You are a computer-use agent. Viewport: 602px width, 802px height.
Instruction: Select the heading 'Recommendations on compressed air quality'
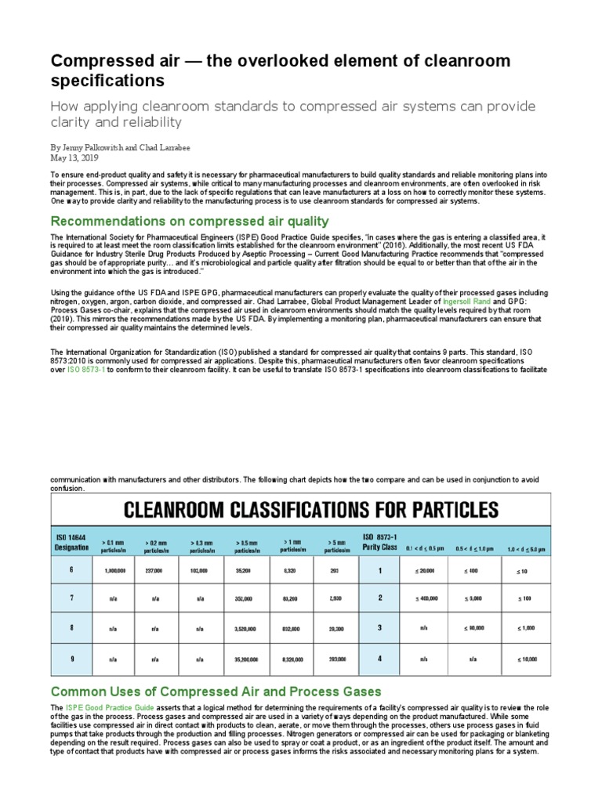coord(190,221)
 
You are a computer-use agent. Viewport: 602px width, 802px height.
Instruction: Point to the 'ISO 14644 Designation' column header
coord(72,543)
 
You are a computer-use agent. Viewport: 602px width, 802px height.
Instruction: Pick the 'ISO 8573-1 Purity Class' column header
coord(380,541)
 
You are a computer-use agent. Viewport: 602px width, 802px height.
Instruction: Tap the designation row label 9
coord(71,659)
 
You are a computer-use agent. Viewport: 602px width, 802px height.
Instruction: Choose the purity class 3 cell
coord(380,628)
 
